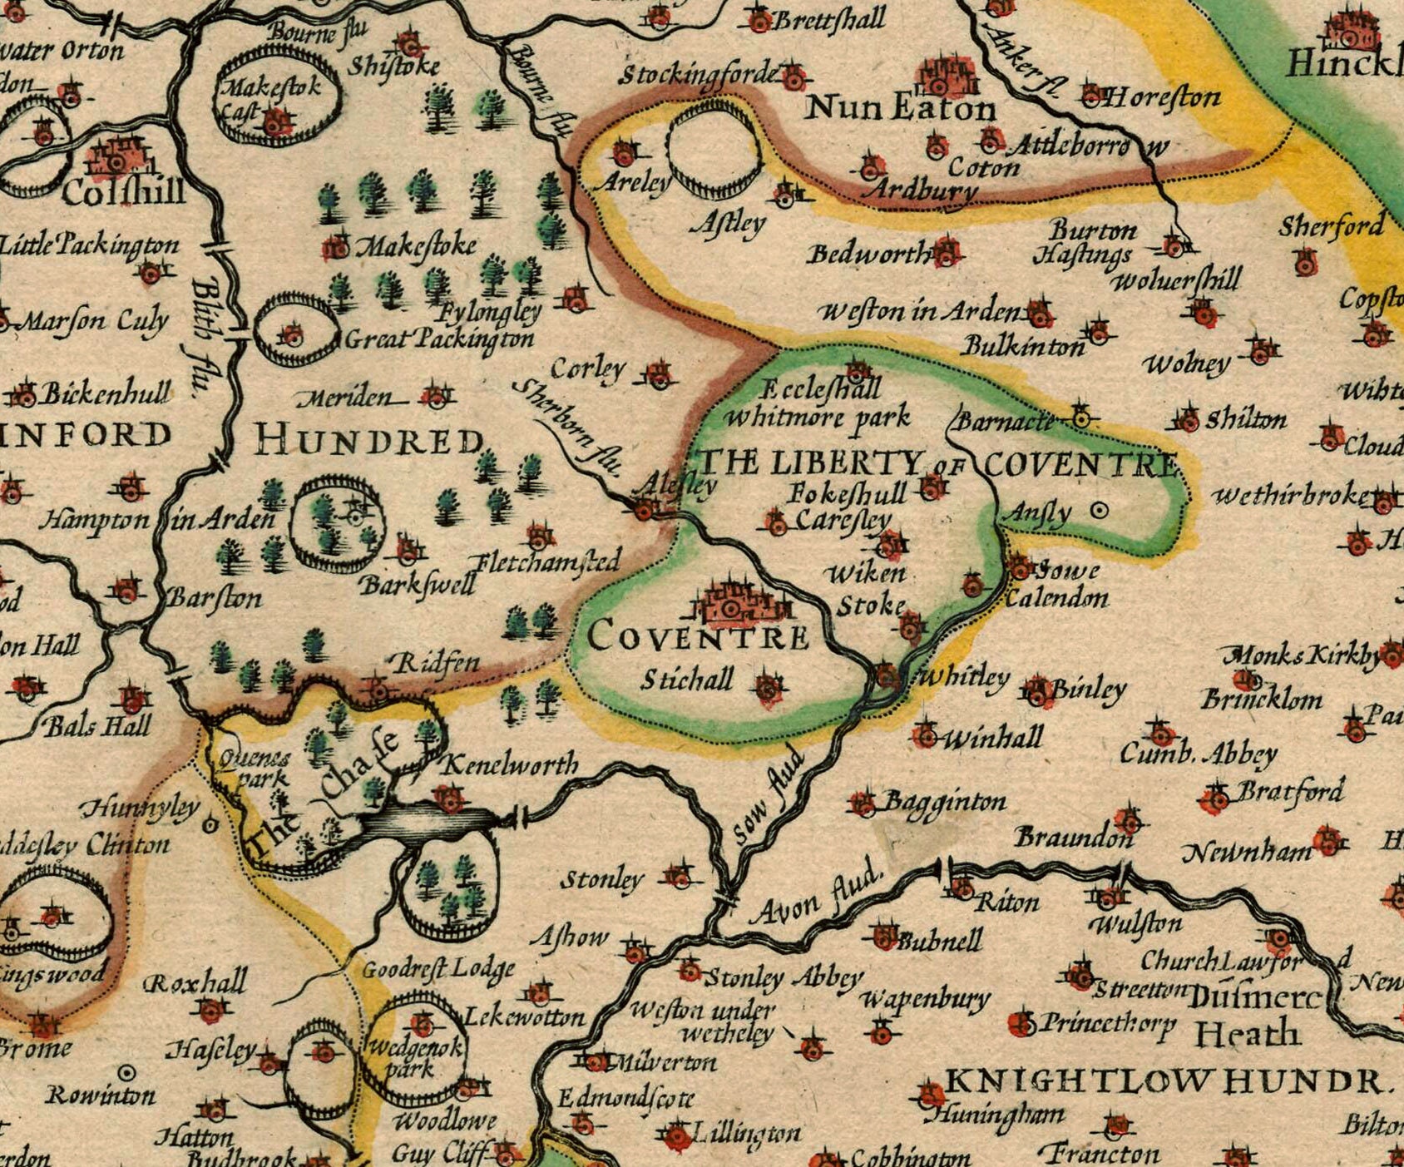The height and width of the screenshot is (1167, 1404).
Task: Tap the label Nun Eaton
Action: [x=901, y=108]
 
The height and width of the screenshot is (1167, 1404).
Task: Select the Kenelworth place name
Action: [x=508, y=764]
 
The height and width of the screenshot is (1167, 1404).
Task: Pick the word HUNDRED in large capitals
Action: [x=369, y=440]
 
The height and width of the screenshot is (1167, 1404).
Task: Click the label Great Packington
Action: [x=438, y=339]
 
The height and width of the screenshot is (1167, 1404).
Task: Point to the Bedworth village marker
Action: [x=946, y=251]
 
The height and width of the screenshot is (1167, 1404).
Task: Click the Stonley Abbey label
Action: [x=783, y=978]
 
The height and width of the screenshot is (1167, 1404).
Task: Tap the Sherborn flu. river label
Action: [x=568, y=426]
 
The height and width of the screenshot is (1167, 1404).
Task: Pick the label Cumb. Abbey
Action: [x=1198, y=754]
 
